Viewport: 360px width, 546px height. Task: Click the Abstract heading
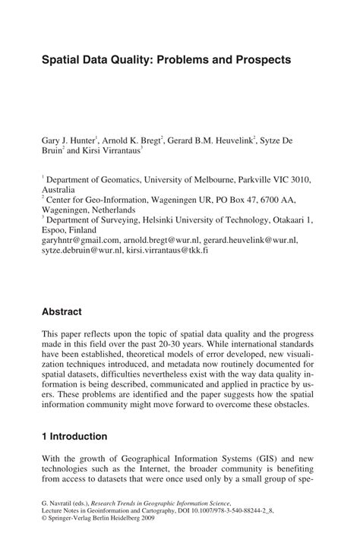click(x=62, y=312)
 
